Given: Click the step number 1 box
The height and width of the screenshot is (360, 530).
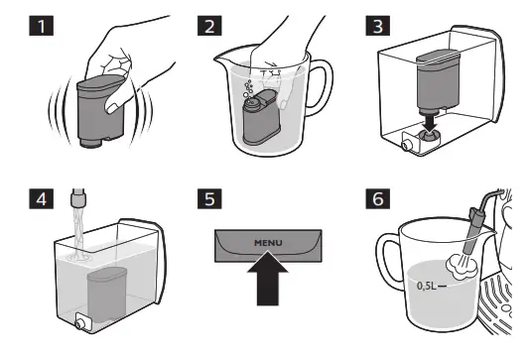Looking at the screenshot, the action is (42, 26).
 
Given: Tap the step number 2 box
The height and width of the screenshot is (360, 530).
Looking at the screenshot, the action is (209, 26).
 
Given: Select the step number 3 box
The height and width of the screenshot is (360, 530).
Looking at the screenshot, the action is (378, 26).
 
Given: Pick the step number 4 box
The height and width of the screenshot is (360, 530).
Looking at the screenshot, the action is (42, 199).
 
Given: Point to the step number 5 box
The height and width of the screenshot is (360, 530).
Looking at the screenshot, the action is (209, 199).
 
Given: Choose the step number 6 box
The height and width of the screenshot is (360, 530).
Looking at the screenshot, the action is (378, 199).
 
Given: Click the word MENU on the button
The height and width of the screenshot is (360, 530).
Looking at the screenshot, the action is (268, 243).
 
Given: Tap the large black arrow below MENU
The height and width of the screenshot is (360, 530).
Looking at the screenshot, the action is (268, 279).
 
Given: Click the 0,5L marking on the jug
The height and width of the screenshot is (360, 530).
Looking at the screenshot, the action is (427, 286).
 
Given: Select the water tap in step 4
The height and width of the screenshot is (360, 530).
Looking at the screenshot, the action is (78, 198).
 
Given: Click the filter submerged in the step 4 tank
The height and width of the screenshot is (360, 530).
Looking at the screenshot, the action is (107, 296).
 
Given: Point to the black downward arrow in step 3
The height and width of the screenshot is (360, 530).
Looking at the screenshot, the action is (430, 124).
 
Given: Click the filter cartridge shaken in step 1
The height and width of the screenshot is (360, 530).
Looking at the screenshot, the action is (100, 111).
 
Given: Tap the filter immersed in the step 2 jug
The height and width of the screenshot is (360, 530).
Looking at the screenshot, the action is (261, 118).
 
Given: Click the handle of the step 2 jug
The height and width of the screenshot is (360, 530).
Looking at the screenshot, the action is (322, 88).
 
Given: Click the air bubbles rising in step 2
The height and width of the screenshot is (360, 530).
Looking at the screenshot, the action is (248, 89).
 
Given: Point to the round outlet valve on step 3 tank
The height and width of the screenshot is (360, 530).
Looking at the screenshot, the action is (405, 146).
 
